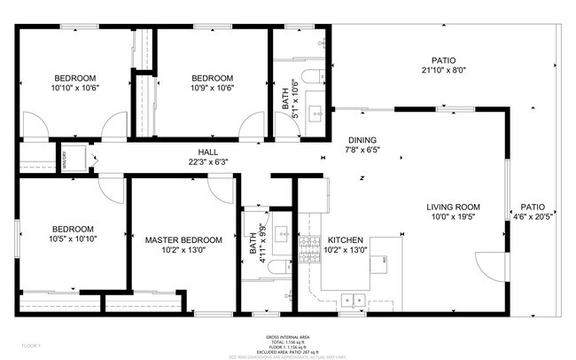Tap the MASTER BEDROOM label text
(x=183, y=239)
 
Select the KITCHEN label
(x=345, y=239)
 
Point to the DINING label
(x=362, y=140)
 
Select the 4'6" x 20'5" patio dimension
(x=533, y=215)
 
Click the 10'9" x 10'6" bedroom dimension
(x=213, y=88)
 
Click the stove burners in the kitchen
(x=310, y=247)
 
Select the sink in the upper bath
(x=316, y=112)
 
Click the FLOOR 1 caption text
(x=33, y=344)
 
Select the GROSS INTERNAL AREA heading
(x=287, y=337)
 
